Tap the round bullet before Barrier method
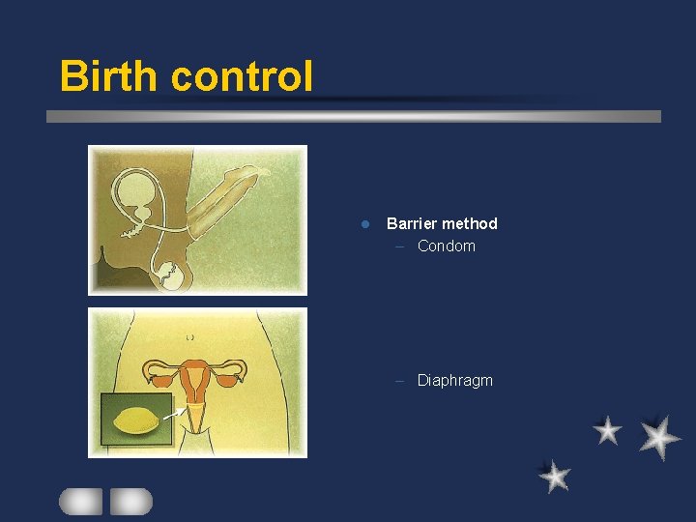click(x=364, y=224)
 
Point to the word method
click(x=471, y=223)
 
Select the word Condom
click(x=447, y=246)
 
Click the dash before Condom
click(x=400, y=246)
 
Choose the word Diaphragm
click(x=454, y=380)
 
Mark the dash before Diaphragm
click(x=400, y=380)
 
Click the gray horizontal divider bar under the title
click(x=354, y=116)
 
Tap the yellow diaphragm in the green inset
click(x=136, y=420)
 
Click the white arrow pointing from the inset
click(x=174, y=413)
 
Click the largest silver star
click(x=659, y=437)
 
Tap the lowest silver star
click(x=554, y=476)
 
